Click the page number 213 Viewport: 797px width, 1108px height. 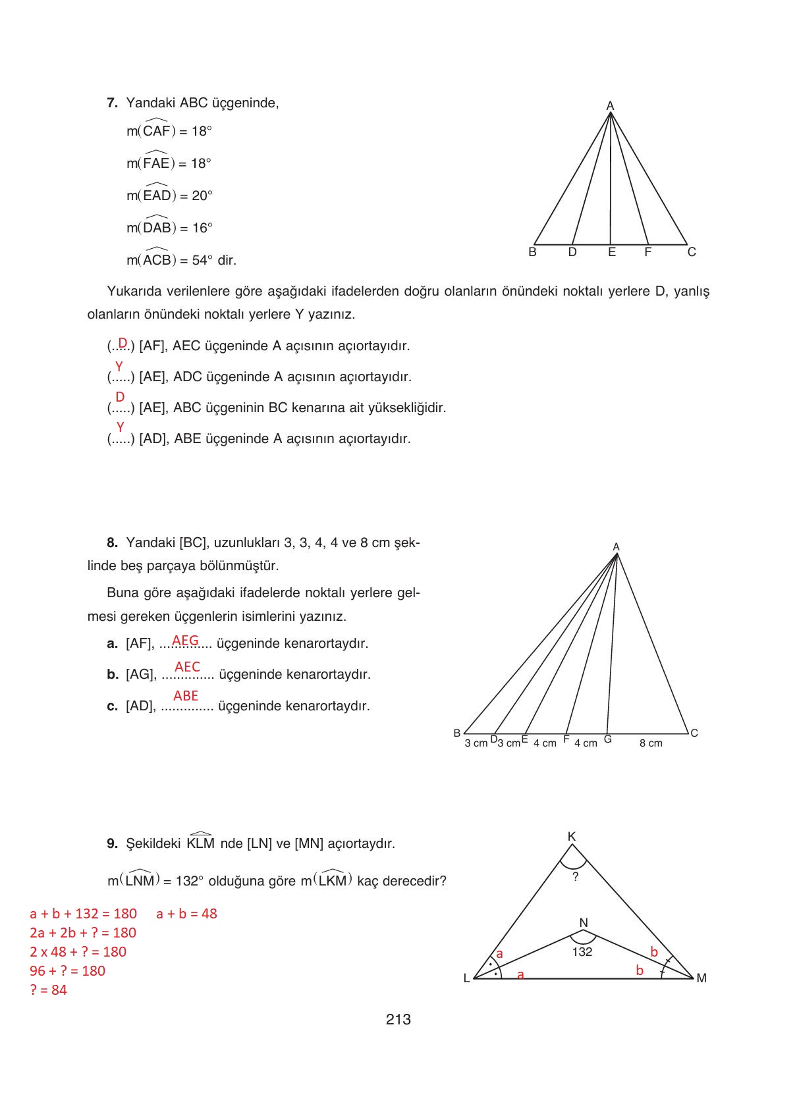[398, 1019]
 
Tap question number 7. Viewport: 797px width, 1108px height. [112, 103]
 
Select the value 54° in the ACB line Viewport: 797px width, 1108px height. [202, 260]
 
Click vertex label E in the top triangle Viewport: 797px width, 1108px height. [611, 252]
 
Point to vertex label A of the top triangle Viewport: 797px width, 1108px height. [610, 105]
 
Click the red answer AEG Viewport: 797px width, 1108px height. [185, 640]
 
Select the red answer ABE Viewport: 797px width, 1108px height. [186, 695]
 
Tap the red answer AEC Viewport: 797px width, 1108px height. [187, 667]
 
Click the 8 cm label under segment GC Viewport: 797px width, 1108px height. [651, 743]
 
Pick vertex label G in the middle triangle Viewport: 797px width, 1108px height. [607, 739]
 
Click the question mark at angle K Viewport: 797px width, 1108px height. [575, 877]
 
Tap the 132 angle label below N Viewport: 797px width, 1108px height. [582, 951]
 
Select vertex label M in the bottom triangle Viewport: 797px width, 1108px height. [701, 978]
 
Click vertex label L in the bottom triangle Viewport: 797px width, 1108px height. [466, 978]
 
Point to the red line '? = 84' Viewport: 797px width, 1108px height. [49, 989]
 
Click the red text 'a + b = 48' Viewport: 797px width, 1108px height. [186, 913]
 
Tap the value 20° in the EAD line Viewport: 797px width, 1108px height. [202, 196]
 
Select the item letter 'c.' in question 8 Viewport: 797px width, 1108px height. [112, 706]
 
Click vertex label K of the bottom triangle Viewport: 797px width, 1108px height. [572, 836]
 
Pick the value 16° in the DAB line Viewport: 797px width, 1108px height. [202, 228]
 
